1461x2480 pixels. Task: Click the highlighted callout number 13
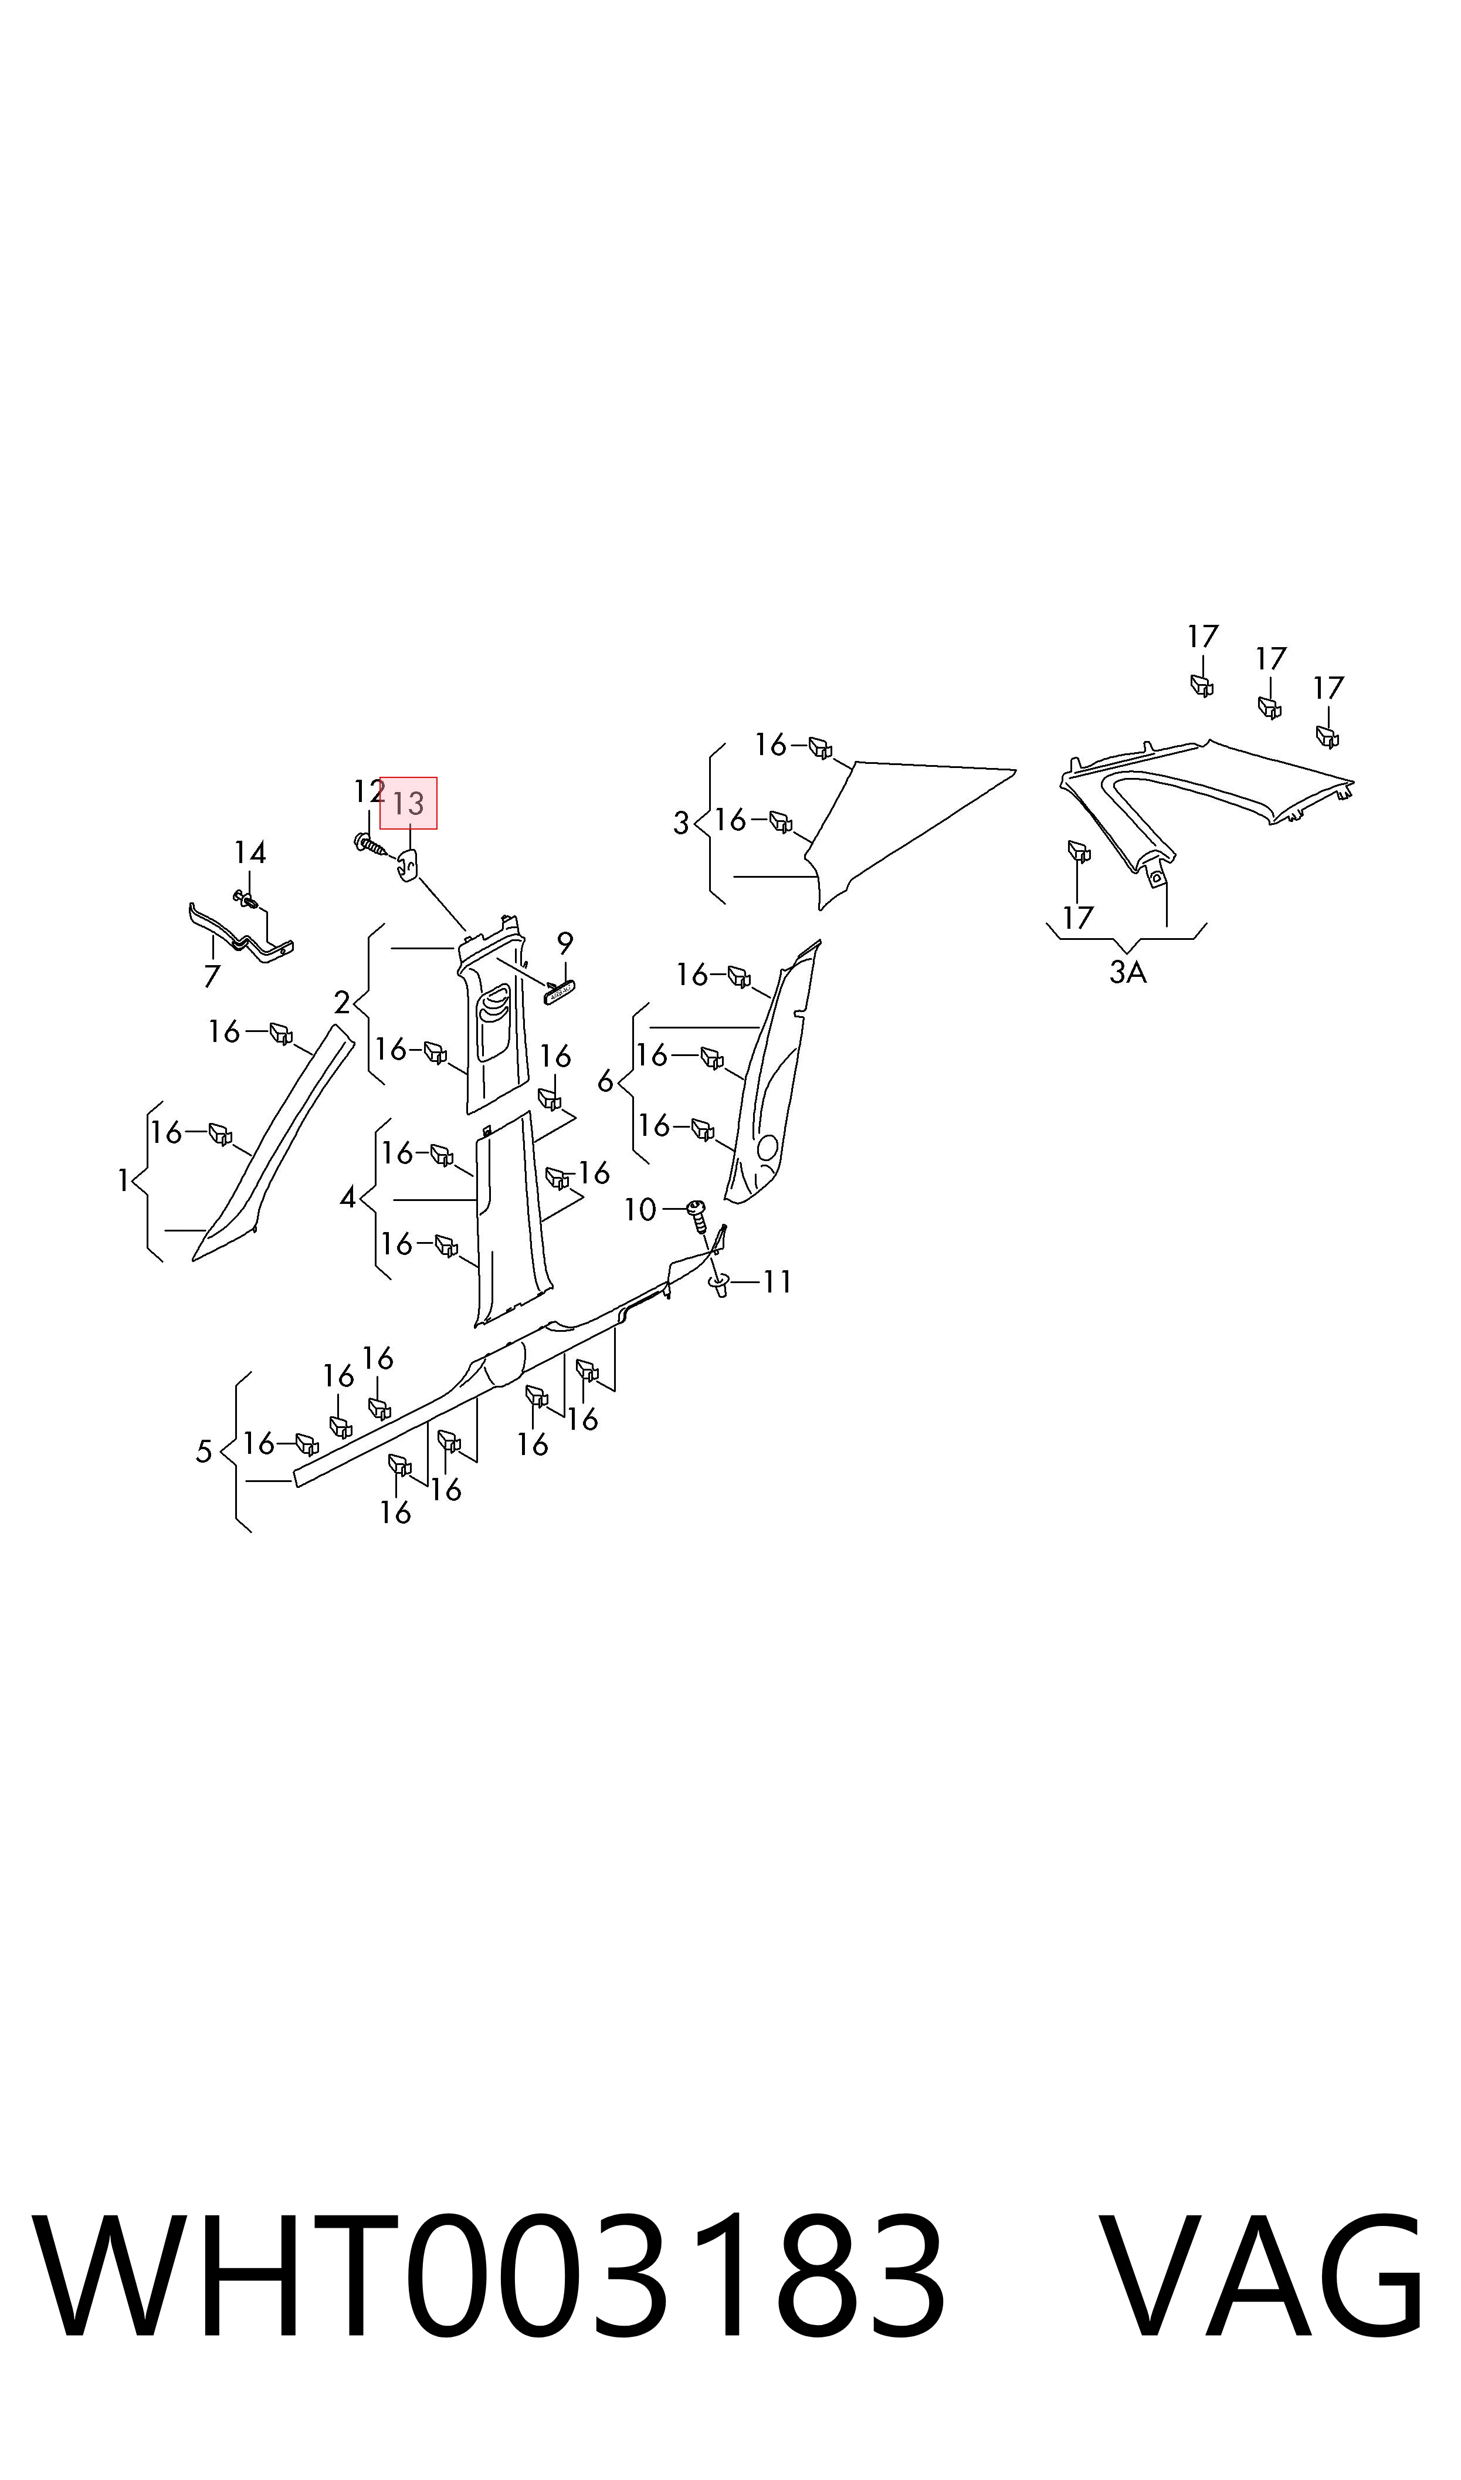tap(408, 803)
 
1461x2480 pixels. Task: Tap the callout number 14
tap(250, 852)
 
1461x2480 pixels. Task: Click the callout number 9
tap(565, 943)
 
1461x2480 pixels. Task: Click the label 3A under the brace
tap(1128, 973)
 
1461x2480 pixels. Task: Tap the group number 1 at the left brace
tap(123, 1180)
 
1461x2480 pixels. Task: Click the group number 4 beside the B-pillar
tap(348, 1198)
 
